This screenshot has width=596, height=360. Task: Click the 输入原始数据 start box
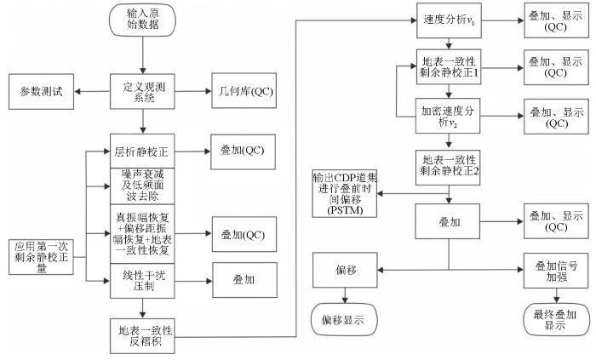142,20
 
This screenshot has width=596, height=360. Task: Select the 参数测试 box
42,92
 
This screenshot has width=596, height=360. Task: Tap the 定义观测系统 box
142,92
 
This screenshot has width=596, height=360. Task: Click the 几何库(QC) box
244,91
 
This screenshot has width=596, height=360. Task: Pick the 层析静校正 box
142,151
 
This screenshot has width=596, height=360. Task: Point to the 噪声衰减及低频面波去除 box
142,186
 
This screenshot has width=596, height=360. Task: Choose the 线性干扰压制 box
142,281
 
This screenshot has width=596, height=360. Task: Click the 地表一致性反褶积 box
142,336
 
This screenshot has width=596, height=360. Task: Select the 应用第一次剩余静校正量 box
41,257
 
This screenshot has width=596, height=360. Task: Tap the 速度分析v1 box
449,20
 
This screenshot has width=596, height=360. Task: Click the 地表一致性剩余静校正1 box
449,67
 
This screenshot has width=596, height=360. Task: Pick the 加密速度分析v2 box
448,117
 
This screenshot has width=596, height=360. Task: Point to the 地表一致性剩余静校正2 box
448,167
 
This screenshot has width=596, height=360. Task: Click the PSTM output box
345,194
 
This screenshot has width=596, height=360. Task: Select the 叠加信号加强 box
556,271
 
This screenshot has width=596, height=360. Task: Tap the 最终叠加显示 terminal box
556,319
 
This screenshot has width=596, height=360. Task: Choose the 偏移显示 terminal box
344,319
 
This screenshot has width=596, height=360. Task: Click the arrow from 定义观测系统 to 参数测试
92,92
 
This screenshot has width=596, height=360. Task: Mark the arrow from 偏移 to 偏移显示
345,295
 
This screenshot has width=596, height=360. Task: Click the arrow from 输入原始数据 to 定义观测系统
142,55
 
